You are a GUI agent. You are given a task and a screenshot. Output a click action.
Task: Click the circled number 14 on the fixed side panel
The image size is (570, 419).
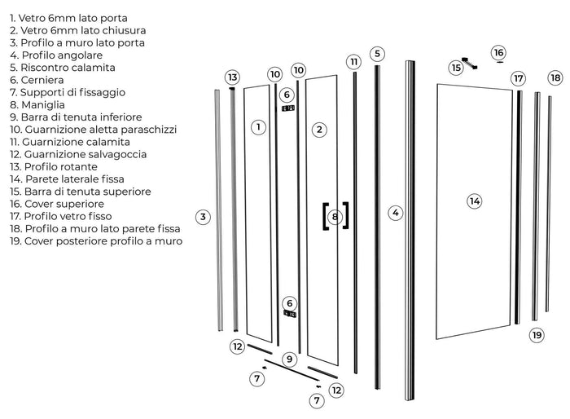coord(475,201)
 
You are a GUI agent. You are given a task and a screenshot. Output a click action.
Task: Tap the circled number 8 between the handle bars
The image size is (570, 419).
coord(335,217)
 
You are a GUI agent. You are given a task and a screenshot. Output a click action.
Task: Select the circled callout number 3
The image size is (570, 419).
coord(204,216)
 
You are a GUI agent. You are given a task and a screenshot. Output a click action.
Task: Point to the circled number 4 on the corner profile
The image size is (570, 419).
coord(396,213)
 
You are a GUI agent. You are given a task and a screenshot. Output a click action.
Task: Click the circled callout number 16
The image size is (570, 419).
coord(498,53)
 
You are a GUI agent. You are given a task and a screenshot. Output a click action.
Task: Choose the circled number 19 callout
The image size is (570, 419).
coord(537,334)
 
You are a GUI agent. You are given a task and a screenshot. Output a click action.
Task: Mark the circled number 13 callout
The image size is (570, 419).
coord(233,77)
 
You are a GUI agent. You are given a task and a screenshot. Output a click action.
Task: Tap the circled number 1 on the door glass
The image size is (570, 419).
coord(257,127)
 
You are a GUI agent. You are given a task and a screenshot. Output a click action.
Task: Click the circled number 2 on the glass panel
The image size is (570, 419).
coord(319,129)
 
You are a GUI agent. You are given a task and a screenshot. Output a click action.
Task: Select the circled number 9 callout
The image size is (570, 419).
coord(289,359)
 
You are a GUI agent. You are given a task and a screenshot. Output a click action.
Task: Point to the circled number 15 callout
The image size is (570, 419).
coord(456,68)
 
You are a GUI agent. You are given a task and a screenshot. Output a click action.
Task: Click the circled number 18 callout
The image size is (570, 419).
coord(555,77)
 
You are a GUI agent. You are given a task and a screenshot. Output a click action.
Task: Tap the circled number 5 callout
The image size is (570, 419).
coord(376,54)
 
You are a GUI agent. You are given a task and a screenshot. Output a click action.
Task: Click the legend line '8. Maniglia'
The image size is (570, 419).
coord(37,104)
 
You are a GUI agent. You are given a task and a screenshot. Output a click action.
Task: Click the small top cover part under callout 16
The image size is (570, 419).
coord(499,62)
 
